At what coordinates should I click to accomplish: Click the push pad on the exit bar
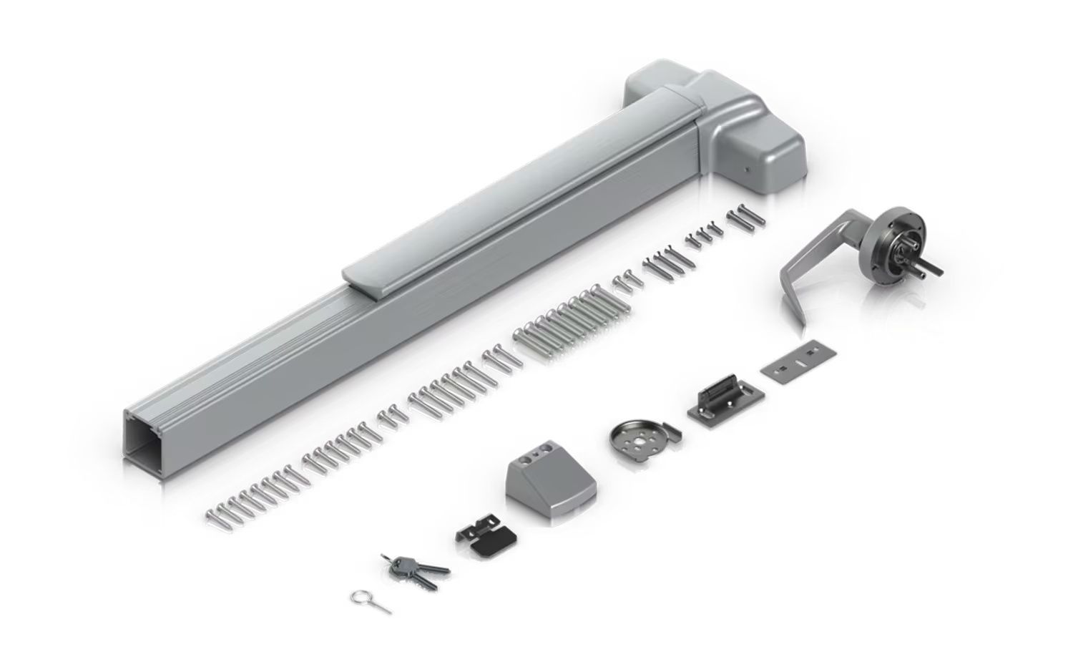tap(515, 193)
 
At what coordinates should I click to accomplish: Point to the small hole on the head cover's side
tap(745, 171)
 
